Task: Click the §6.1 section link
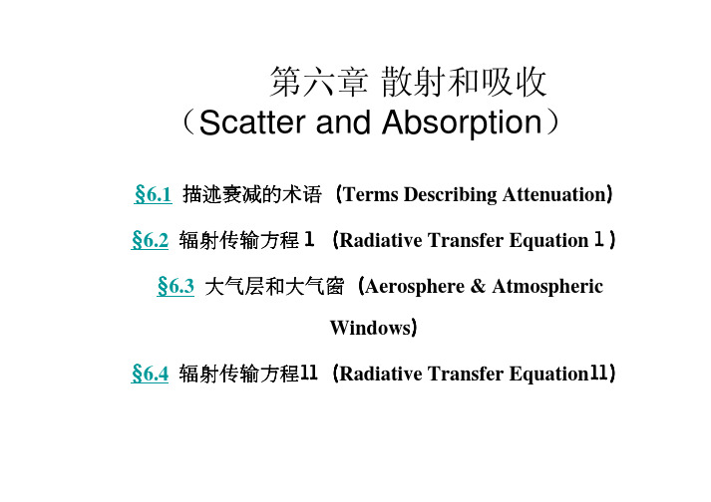click(x=153, y=194)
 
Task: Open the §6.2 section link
click(x=150, y=240)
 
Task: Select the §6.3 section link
click(x=176, y=286)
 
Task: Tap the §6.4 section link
click(x=150, y=374)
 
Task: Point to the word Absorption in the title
click(x=462, y=124)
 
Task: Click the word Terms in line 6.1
click(x=371, y=194)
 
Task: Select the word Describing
click(x=451, y=195)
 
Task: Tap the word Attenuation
click(x=554, y=194)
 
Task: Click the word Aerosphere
click(x=415, y=287)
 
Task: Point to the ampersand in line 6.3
click(x=478, y=286)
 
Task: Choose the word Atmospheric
click(x=547, y=287)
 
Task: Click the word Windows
click(x=370, y=328)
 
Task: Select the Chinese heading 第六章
click(x=318, y=82)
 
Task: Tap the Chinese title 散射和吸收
click(x=464, y=82)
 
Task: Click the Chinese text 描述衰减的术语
click(x=252, y=195)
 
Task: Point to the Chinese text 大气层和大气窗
click(x=274, y=287)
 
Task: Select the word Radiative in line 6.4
click(x=381, y=375)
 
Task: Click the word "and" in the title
click(x=343, y=123)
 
